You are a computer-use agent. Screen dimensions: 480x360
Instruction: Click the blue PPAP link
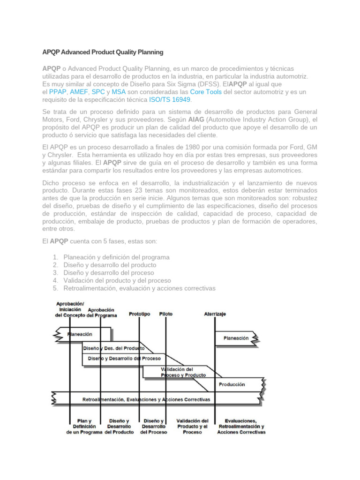[58, 92]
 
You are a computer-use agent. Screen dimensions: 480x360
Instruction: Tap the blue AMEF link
[79, 92]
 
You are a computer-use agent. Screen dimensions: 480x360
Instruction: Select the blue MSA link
[119, 92]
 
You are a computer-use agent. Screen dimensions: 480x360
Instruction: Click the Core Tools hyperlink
[206, 92]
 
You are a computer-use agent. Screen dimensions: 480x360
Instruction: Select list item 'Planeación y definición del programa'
[116, 257]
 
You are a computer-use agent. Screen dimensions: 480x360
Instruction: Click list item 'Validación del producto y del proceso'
[117, 280]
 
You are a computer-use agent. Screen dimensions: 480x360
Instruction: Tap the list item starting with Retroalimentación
[139, 288]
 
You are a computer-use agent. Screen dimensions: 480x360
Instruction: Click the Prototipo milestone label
[139, 314]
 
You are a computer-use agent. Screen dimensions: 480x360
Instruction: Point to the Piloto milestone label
[165, 314]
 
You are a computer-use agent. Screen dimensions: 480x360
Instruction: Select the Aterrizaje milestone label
[215, 314]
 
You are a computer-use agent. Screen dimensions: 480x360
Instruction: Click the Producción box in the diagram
[232, 384]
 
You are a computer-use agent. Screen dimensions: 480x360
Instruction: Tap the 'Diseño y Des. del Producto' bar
[113, 348]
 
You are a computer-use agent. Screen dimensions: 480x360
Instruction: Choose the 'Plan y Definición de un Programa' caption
[84, 427]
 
